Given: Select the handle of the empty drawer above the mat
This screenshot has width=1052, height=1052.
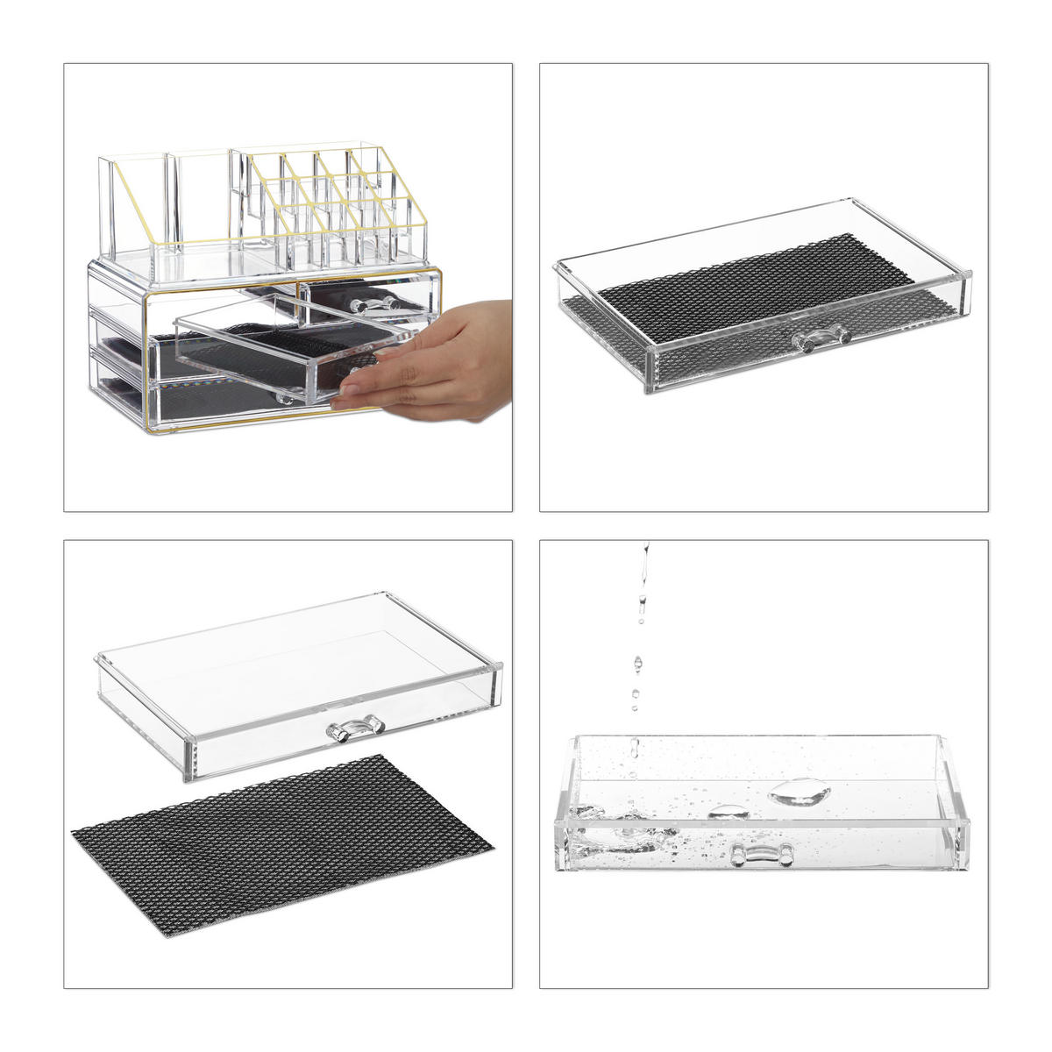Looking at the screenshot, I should [x=355, y=729].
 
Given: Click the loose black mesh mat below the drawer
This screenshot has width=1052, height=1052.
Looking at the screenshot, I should [x=281, y=833].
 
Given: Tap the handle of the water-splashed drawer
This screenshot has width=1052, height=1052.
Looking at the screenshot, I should [x=762, y=854].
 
